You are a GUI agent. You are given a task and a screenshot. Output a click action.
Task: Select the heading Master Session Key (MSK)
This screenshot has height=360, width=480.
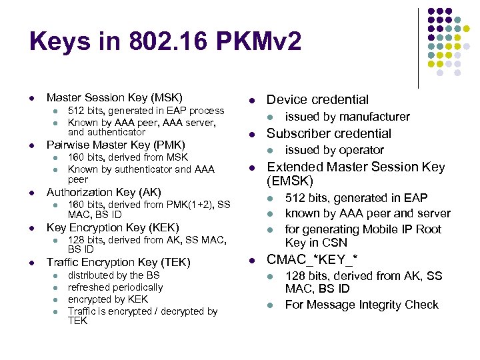(x=114, y=97)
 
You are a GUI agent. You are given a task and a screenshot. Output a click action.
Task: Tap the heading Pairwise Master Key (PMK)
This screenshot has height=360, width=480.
(x=115, y=145)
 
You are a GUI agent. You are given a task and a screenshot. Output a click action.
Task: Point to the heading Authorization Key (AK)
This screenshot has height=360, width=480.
(x=103, y=192)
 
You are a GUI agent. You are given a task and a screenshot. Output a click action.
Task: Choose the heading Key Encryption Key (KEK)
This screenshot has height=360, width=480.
(x=113, y=227)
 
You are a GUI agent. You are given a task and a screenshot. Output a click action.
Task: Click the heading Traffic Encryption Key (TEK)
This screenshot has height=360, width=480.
(x=118, y=262)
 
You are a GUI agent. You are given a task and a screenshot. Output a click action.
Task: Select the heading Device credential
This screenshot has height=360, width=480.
(x=317, y=99)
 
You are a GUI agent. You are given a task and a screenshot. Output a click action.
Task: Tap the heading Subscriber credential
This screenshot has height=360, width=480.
(x=329, y=133)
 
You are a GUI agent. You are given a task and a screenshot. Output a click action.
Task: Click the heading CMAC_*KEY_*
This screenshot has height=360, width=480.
(x=312, y=259)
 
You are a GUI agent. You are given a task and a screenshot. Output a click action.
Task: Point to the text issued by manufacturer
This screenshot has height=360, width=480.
(x=347, y=117)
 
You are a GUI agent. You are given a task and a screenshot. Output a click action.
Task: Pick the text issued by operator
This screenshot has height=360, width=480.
(x=334, y=150)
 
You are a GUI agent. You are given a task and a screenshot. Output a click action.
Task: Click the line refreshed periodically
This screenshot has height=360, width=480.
(x=115, y=287)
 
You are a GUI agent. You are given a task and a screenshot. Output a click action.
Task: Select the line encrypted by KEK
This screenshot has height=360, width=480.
(x=107, y=299)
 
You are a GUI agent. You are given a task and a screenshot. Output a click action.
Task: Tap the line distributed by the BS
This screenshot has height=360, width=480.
(x=113, y=275)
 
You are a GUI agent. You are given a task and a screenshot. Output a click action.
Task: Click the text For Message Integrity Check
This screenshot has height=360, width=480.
(x=361, y=305)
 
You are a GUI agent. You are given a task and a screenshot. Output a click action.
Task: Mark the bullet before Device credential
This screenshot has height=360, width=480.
(x=252, y=100)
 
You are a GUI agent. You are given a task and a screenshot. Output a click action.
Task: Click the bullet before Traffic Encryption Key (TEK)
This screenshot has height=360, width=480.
(x=32, y=263)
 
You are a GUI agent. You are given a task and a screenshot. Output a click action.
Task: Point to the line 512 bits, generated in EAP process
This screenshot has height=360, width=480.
(x=146, y=110)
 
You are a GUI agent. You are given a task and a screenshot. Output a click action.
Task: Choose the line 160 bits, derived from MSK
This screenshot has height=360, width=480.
(x=128, y=157)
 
